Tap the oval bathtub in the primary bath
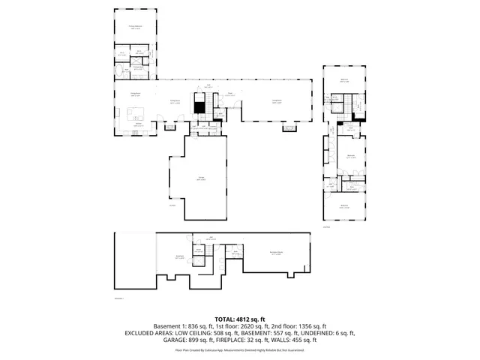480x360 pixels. click(121, 73)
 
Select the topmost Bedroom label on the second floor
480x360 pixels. click(345, 79)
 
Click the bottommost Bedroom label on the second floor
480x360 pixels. click(344, 205)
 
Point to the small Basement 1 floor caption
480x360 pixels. click(118, 298)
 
